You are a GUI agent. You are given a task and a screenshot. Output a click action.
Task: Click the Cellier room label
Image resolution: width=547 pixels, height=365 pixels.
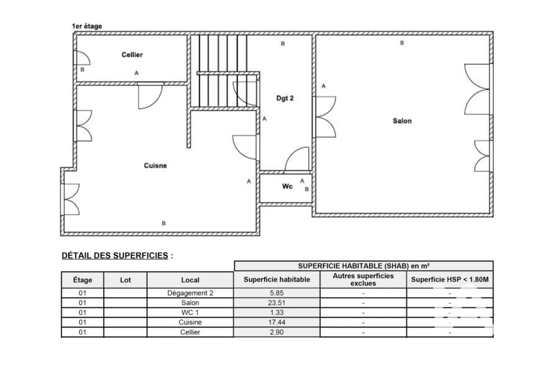[132, 55]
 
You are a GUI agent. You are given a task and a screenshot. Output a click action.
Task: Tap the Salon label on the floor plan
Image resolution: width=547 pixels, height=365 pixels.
[402, 121]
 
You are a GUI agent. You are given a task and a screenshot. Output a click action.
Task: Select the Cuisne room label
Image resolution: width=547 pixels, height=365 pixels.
[155, 165]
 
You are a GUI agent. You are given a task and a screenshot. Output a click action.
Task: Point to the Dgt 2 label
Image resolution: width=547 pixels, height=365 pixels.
[285, 98]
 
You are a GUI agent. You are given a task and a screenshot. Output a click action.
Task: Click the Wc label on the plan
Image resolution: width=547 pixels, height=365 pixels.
[287, 186]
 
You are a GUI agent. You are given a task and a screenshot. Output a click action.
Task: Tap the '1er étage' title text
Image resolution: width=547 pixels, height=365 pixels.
[87, 26]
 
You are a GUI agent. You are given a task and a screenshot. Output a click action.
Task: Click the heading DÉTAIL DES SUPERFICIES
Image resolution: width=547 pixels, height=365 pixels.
[115, 256]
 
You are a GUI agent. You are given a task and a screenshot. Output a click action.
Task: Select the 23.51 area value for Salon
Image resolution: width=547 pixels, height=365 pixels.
[277, 303]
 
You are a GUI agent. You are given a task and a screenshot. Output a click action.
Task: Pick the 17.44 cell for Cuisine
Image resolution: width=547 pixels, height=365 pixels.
[277, 322]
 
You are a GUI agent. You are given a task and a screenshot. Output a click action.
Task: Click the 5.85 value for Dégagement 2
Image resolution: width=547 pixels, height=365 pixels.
[277, 293]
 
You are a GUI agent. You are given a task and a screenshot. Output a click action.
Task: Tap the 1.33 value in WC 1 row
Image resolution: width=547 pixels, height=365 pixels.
[277, 313]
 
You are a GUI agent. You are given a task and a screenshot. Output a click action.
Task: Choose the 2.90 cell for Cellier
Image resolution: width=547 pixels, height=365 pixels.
[277, 332]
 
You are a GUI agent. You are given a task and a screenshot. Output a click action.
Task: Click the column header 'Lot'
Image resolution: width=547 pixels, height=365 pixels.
[125, 280]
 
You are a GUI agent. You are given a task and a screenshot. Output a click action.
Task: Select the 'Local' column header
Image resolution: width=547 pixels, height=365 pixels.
[190, 280]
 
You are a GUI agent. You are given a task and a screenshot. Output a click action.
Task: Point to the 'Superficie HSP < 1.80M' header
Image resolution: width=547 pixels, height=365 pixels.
[450, 280]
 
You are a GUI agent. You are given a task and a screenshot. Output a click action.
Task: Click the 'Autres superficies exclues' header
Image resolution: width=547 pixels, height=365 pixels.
[363, 280]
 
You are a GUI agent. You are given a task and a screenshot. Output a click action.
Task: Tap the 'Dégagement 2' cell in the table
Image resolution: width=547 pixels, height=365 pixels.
[190, 293]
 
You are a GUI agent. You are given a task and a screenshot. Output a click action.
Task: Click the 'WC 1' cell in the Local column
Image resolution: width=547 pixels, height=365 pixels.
[190, 313]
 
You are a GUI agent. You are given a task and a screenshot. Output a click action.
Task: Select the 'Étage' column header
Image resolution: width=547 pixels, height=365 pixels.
[82, 280]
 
